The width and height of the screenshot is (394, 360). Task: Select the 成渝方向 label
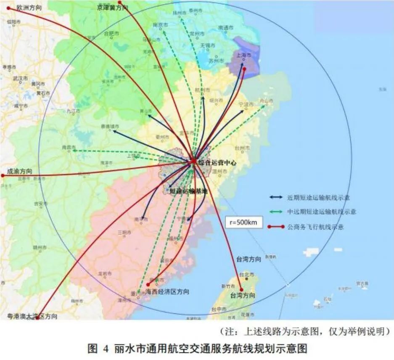[x=19, y=172]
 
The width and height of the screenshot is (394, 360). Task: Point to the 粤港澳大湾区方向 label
[x=32, y=316]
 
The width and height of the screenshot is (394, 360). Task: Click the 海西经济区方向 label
[x=167, y=291]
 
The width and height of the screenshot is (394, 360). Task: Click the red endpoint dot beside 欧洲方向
[x=8, y=8]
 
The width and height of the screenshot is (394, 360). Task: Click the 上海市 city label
[x=244, y=55]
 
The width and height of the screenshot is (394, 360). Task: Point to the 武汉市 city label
[x=20, y=79]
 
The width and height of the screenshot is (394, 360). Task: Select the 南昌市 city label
[x=68, y=147]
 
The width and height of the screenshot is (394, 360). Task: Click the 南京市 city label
[x=160, y=25]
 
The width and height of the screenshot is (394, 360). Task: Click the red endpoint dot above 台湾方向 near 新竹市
[x=241, y=289]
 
